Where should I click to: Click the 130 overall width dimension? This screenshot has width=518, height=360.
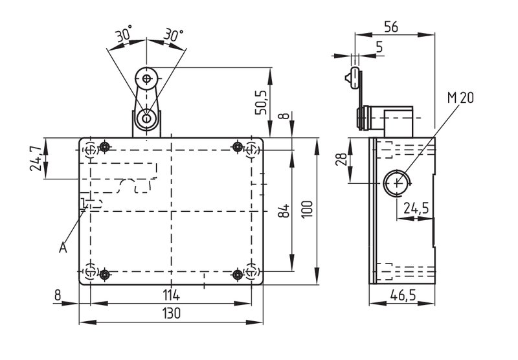172,313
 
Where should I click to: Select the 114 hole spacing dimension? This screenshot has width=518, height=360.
172,295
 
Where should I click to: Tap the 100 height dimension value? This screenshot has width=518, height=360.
307,209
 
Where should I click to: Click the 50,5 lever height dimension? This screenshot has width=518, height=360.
262,102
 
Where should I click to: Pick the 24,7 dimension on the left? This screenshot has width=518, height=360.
36,158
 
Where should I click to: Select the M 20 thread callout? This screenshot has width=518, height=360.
460,97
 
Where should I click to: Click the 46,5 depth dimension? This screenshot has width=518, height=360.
403,295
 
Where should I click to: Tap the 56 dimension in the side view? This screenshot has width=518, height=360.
392,27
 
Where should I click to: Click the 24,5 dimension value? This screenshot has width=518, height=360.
416,208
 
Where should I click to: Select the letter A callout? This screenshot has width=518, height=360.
63,247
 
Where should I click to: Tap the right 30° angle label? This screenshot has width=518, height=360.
174,34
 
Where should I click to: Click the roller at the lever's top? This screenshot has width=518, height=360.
146,78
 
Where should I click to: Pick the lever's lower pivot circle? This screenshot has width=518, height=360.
146,118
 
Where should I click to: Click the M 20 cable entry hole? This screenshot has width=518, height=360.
397,183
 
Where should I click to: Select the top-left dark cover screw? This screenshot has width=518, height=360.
105,146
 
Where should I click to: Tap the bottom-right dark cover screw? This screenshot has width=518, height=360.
238,274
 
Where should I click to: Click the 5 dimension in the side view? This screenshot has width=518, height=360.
379,47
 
